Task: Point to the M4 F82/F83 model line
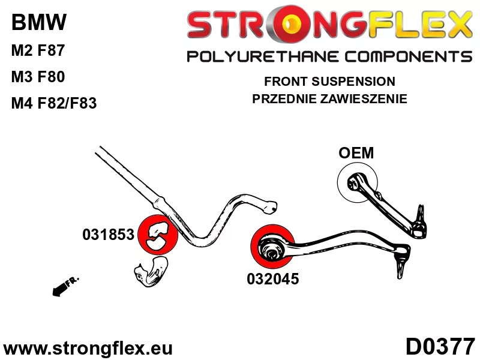pos(53,103)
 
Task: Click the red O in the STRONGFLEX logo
pos(294,25)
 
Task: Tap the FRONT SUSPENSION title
pos(329,81)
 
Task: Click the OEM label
pos(356,153)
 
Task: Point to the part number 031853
pos(108,235)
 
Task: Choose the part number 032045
pos(272,278)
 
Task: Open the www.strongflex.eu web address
pos(88,348)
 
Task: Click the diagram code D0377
pos(440,347)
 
